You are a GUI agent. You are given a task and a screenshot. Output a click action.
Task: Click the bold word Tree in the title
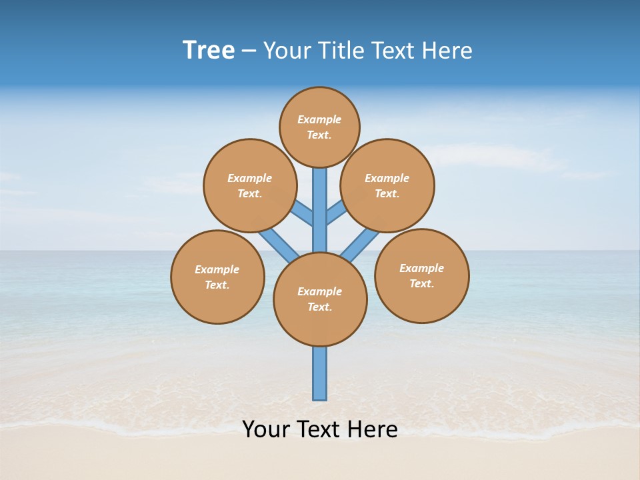click(x=209, y=51)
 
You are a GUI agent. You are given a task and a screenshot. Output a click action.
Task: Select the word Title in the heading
click(x=341, y=51)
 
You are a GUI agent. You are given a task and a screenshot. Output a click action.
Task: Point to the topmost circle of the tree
click(x=319, y=127)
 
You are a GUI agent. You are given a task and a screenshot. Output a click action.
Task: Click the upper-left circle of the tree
click(x=249, y=185)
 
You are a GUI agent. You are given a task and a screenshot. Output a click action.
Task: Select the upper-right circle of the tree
click(x=387, y=185)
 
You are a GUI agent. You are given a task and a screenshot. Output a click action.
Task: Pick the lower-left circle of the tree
click(x=217, y=277)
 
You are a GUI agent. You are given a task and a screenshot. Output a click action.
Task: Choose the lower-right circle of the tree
click(x=421, y=275)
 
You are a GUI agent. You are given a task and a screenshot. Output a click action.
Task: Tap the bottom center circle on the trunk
click(x=320, y=299)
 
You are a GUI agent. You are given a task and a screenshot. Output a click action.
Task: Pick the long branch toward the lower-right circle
click(x=361, y=244)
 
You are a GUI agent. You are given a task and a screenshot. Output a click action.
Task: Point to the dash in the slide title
click(x=249, y=51)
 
